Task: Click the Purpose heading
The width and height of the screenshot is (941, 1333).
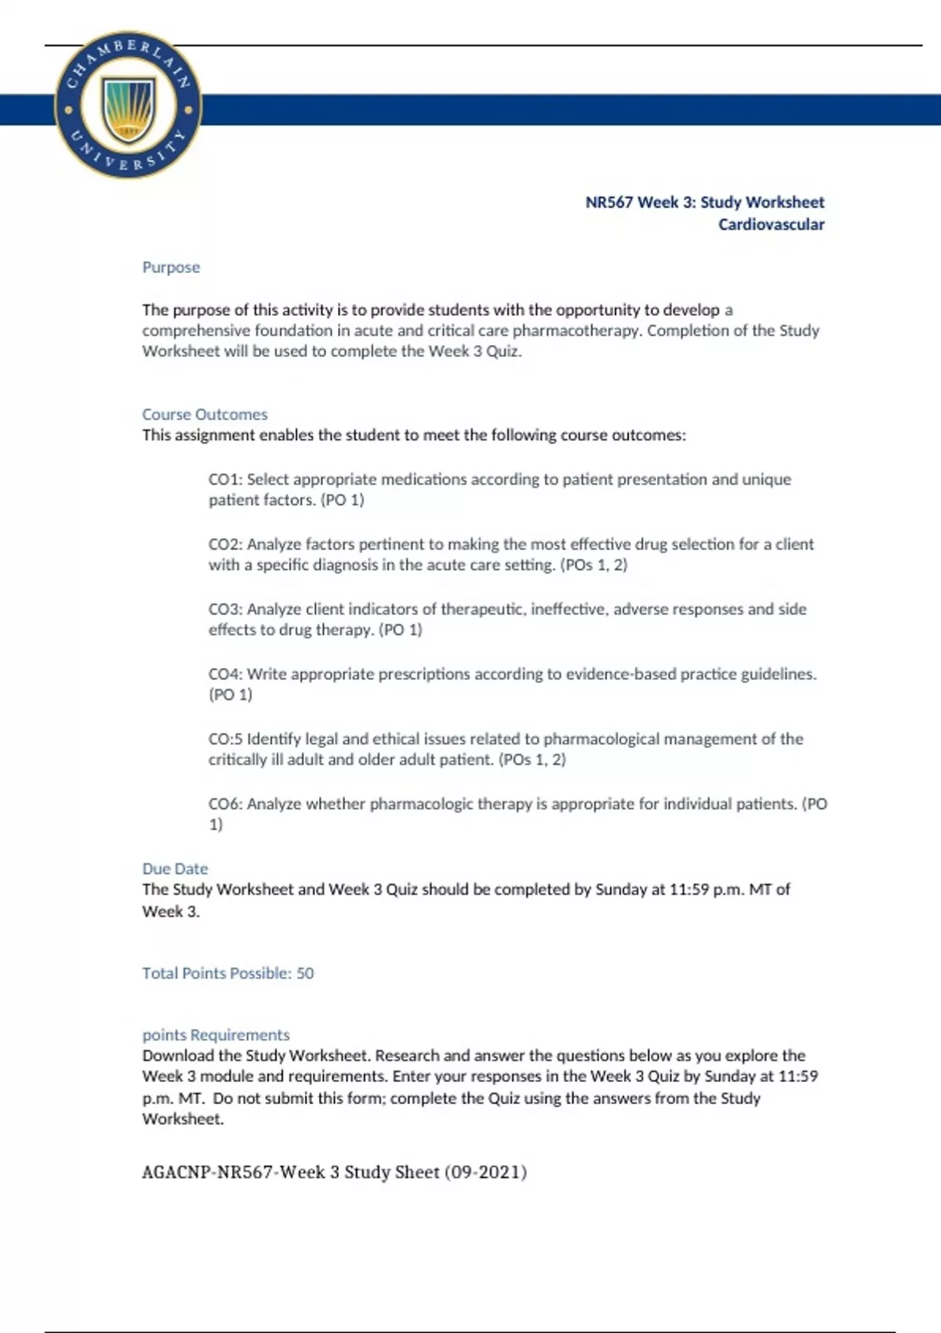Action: (x=171, y=267)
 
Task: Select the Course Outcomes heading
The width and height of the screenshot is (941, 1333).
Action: (x=205, y=414)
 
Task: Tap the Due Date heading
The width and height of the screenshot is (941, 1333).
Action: (x=175, y=869)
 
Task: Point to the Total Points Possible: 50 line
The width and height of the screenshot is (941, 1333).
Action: (x=227, y=973)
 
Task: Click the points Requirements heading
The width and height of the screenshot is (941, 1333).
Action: (x=216, y=1035)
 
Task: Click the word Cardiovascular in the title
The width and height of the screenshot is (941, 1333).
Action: (x=771, y=224)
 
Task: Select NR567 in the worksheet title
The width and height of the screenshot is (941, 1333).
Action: (x=609, y=202)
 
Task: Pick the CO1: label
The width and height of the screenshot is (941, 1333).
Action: (x=225, y=479)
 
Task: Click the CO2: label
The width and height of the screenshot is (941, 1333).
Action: (x=225, y=544)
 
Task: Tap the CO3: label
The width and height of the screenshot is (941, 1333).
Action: (x=225, y=609)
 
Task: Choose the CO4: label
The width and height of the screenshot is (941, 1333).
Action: (x=225, y=674)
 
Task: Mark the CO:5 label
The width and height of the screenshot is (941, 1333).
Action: (x=225, y=739)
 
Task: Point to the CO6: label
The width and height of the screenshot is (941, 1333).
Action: (x=225, y=804)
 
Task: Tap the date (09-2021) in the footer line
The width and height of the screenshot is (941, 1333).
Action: (x=485, y=1172)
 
